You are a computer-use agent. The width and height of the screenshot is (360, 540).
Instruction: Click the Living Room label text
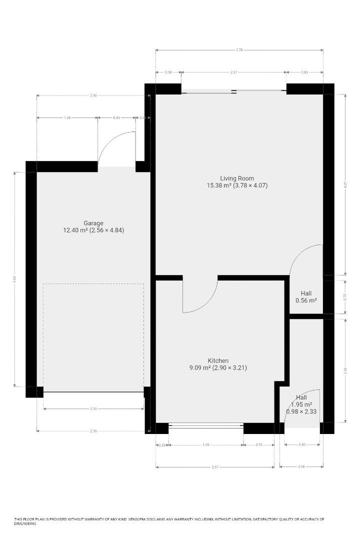pyautogui.click(x=237, y=178)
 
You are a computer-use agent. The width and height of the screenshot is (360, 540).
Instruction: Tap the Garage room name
pyautogui.click(x=93, y=223)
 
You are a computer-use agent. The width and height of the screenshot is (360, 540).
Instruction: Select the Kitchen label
pyautogui.click(x=218, y=360)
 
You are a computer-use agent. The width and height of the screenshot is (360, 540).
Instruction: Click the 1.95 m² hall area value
pyautogui.click(x=301, y=404)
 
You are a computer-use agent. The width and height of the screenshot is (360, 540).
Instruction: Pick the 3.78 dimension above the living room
pyautogui.click(x=239, y=50)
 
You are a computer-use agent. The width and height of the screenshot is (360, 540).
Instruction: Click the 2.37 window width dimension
pyautogui.click(x=233, y=72)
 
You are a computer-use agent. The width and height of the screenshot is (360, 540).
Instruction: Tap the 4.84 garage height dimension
pyautogui.click(x=15, y=278)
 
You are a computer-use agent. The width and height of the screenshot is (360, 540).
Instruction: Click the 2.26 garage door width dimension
pyautogui.click(x=93, y=409)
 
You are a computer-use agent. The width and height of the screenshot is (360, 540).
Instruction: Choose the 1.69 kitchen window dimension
pyautogui.click(x=206, y=445)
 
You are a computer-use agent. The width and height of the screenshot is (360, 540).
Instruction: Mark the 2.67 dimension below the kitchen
pyautogui.click(x=215, y=467)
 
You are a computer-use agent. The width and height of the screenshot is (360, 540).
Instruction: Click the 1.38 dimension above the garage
pyautogui.click(x=67, y=117)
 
